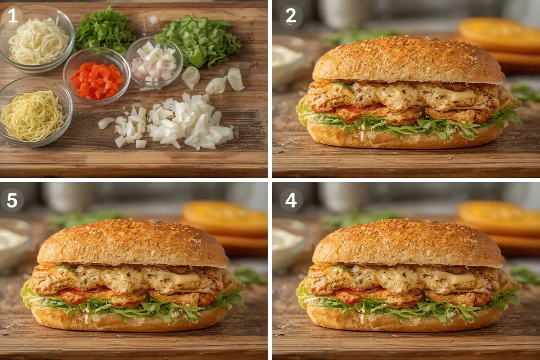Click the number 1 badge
pyautogui.click(x=12, y=17)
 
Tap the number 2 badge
pyautogui.click(x=291, y=17)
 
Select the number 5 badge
pyautogui.click(x=12, y=200)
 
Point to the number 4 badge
pyautogui.click(x=291, y=200)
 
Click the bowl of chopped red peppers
pyautogui.click(x=97, y=76)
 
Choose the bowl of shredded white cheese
pyautogui.click(x=37, y=39)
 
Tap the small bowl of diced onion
pyautogui.click(x=154, y=62)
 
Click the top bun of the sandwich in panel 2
pyautogui.click(x=408, y=60)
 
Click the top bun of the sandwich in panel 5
pyautogui.click(x=133, y=243)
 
